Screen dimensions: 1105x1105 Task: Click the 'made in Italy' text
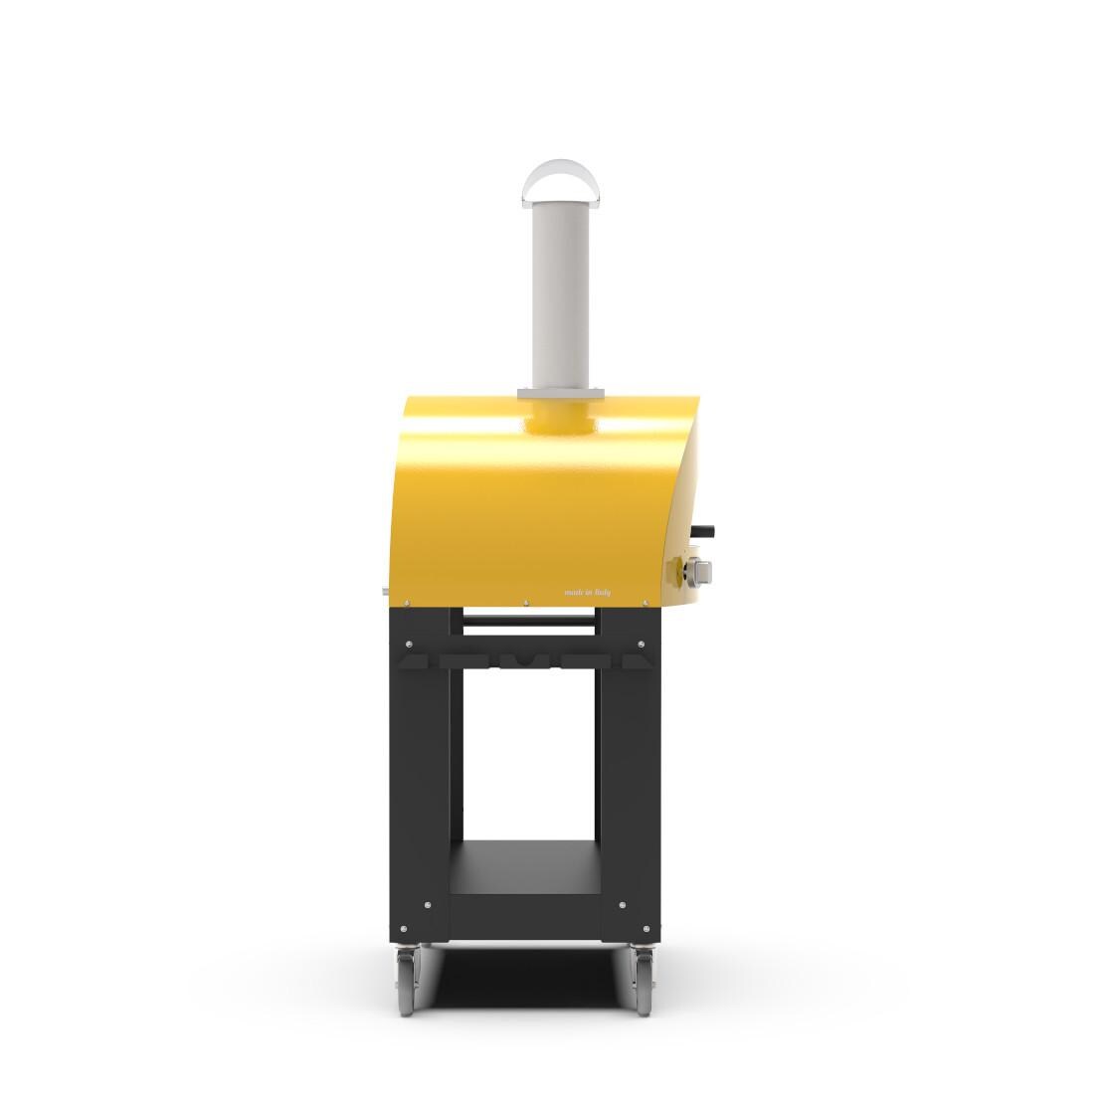pos(587,593)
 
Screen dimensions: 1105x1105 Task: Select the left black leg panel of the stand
pos(425,756)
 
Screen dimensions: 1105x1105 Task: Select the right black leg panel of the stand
pos(625,756)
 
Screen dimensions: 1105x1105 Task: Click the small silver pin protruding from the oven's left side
pos(386,594)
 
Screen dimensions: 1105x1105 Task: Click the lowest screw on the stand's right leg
pos(622,932)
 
